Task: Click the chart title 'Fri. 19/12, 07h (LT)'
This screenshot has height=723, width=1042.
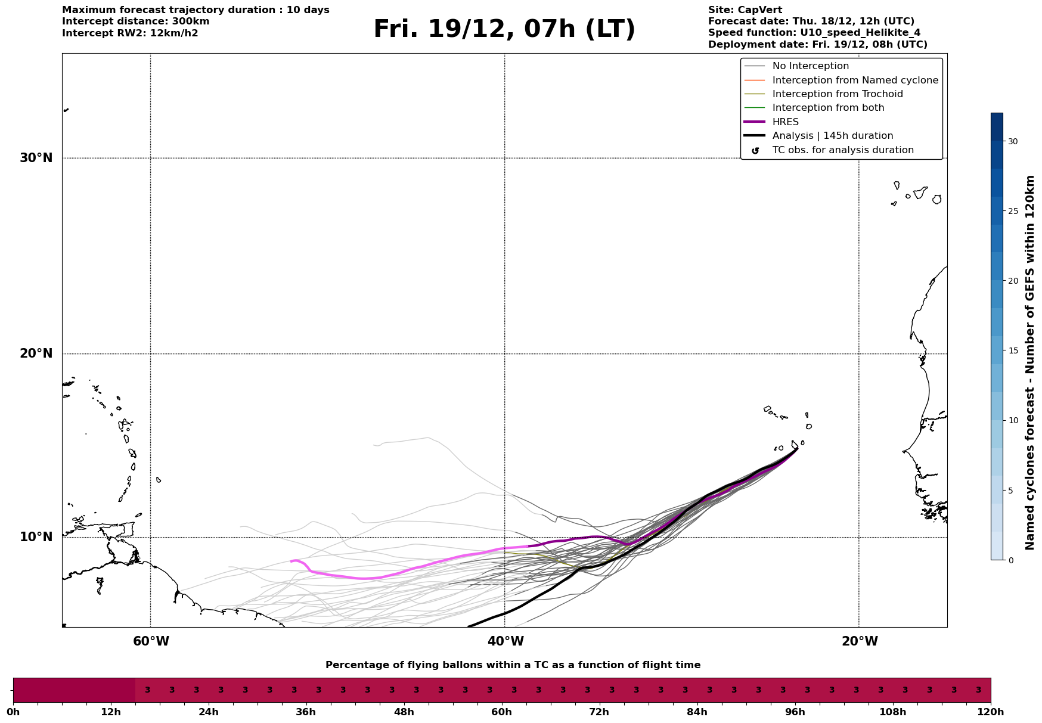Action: click(504, 29)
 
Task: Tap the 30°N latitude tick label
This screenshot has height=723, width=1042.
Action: click(36, 158)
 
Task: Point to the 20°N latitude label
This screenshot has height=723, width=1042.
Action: click(36, 353)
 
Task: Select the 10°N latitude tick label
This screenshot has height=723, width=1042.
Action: click(36, 537)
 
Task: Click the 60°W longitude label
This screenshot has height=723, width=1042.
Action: click(151, 641)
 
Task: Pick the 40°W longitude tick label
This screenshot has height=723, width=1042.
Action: click(506, 641)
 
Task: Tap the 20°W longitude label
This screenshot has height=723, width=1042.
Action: click(860, 641)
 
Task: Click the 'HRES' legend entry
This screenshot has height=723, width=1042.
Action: click(785, 122)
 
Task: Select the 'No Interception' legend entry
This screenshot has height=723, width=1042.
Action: click(810, 66)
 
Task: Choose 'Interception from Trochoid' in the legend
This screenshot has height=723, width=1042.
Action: click(837, 94)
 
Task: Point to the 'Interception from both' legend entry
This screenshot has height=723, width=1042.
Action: click(828, 108)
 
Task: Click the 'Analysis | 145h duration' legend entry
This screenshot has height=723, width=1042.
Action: click(832, 136)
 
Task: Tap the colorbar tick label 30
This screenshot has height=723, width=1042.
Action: click(1013, 141)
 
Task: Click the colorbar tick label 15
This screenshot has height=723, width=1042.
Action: click(1013, 350)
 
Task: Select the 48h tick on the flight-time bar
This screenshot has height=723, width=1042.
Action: click(404, 712)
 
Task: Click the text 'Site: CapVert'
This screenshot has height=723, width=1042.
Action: click(745, 10)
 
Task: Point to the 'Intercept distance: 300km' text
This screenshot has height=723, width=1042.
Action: click(135, 21)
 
